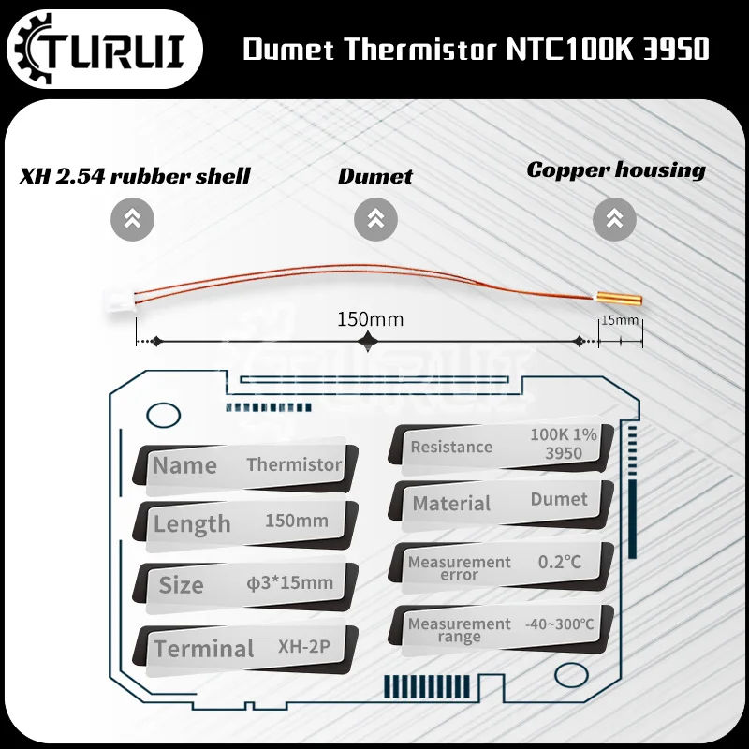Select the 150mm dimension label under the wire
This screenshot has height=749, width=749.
click(370, 319)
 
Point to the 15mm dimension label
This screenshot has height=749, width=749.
click(620, 320)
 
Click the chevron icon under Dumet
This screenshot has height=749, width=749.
click(375, 220)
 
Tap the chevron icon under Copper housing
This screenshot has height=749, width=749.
click(614, 220)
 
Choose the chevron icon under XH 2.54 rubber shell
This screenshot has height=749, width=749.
click(132, 220)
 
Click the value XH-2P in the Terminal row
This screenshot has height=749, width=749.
click(304, 645)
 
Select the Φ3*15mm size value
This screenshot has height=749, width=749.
click(289, 582)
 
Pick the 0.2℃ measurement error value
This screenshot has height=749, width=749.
click(560, 562)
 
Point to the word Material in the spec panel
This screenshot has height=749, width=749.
click(451, 504)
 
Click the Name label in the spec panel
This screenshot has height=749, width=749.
click(184, 465)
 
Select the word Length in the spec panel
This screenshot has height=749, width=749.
click(192, 524)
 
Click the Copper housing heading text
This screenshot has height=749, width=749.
click(615, 169)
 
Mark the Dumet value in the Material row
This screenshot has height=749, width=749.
click(559, 499)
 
